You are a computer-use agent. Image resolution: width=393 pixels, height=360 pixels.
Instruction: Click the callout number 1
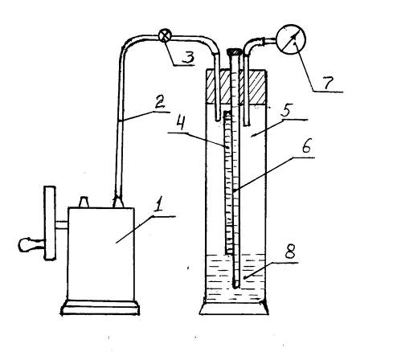[160, 203]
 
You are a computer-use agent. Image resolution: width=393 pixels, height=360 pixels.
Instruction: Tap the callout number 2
[160, 101]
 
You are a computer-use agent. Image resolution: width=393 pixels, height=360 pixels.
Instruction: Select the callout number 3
[188, 57]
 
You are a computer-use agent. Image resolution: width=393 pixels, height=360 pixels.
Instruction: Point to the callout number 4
[181, 123]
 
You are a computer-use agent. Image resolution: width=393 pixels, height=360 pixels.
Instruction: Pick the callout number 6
[306, 146]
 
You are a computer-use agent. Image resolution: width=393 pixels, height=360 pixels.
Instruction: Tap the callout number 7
[328, 82]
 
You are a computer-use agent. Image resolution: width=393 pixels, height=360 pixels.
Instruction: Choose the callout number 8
[290, 252]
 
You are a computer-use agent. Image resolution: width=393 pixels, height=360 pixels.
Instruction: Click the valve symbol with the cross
[165, 35]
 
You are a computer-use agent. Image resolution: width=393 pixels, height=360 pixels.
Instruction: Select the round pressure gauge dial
[291, 39]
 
